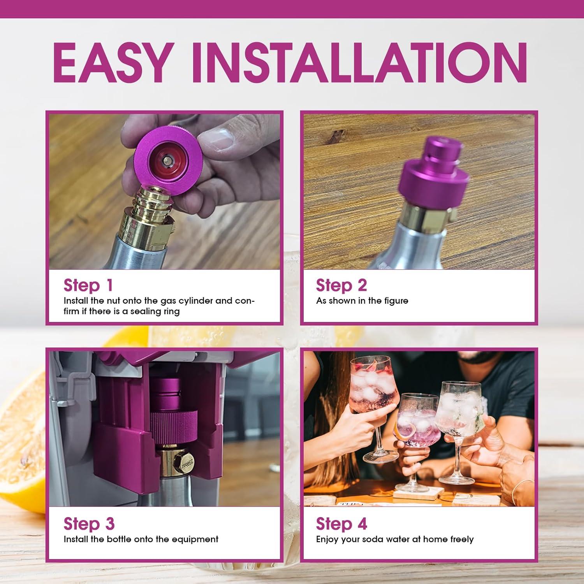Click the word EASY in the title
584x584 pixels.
coord(111,63)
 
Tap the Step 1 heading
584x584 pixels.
coord(88,285)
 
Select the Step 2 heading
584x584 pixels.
coord(341,285)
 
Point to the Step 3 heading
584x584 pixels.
coord(89,524)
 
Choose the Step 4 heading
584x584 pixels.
coord(341,524)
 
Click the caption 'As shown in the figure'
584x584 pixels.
coord(362,301)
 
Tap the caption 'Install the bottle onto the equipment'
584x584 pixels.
coord(141,539)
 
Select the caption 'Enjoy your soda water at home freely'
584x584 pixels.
coord(395,539)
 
